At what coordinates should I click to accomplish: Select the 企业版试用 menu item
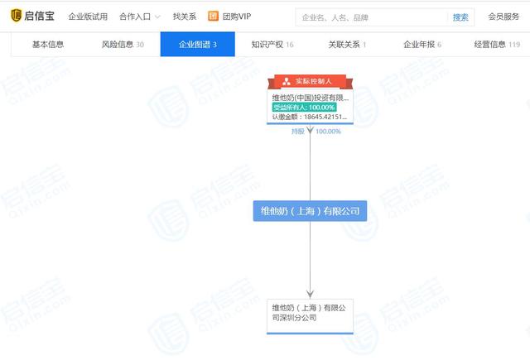tap(88, 17)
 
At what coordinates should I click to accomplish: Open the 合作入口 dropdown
tap(139, 17)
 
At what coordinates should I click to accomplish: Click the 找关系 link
tap(185, 17)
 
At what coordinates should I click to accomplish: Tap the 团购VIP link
tap(229, 17)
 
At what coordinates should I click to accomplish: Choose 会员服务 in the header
tap(503, 17)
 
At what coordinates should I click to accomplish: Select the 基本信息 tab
tap(47, 45)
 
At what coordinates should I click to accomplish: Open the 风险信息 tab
tap(122, 45)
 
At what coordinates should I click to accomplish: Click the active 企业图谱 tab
tap(198, 45)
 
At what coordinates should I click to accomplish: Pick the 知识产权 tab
tap(272, 45)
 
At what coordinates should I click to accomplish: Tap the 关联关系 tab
tap(347, 45)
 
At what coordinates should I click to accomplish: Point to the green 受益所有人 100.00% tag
tap(304, 107)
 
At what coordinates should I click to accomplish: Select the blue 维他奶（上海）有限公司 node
tap(310, 211)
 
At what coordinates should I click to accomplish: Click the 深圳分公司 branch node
tap(310, 312)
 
